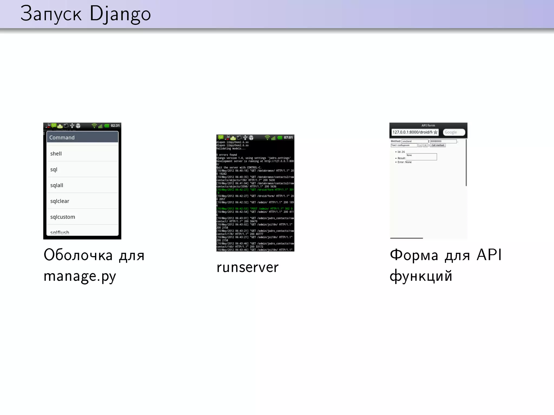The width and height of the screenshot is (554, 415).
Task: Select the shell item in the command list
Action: pos(56,153)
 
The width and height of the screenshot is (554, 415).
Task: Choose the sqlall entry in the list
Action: pos(57,185)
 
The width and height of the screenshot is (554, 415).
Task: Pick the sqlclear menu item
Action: pos(60,201)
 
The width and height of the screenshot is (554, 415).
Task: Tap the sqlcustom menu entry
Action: pos(62,217)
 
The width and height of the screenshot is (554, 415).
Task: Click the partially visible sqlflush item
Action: pos(60,232)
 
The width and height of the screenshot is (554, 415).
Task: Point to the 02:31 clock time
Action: pos(115,126)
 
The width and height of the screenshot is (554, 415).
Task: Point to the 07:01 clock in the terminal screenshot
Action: pos(288,138)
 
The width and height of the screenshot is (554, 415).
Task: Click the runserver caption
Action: pos(248,267)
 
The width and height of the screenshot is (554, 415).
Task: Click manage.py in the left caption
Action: pos(80,276)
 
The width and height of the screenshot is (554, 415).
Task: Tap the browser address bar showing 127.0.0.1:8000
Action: pos(412,132)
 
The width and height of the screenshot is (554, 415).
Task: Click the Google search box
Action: pos(454,132)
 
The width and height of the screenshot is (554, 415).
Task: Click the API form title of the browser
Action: pos(428,125)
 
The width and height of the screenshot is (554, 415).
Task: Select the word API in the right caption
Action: pos(489,255)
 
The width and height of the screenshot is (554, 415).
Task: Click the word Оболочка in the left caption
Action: pos(78,255)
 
